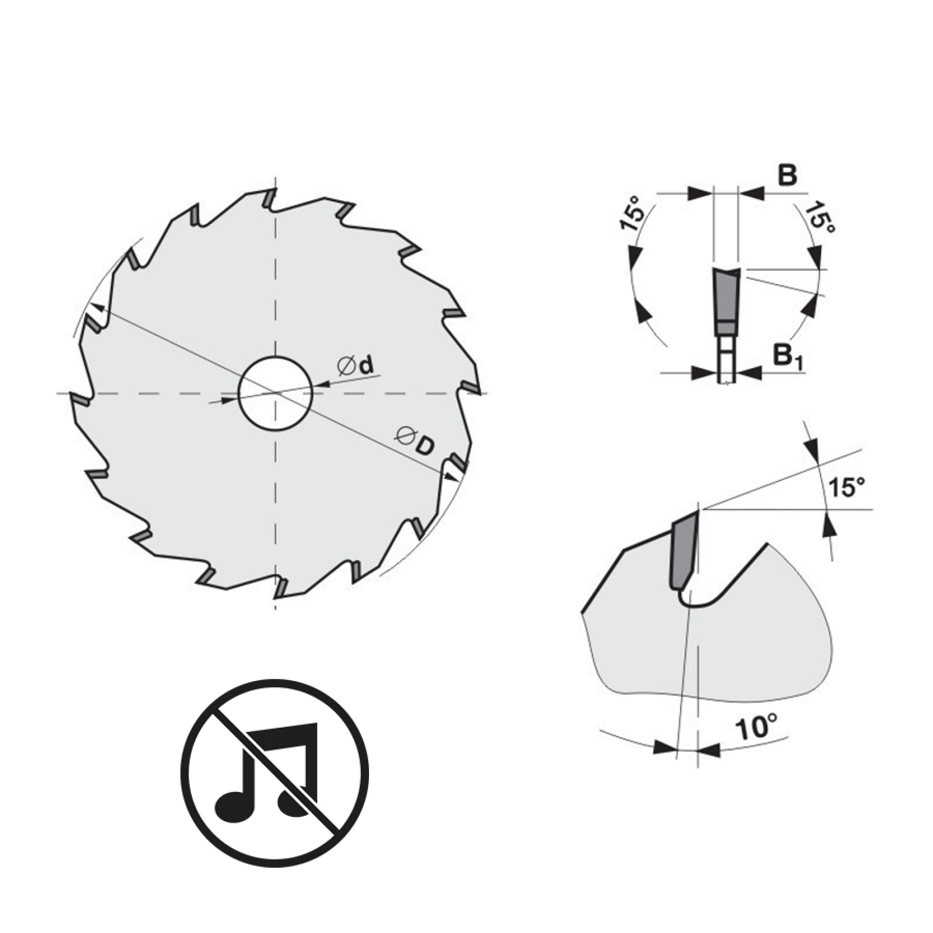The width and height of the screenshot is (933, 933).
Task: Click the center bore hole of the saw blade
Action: [276, 393]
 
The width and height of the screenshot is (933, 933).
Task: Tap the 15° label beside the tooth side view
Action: [847, 486]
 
